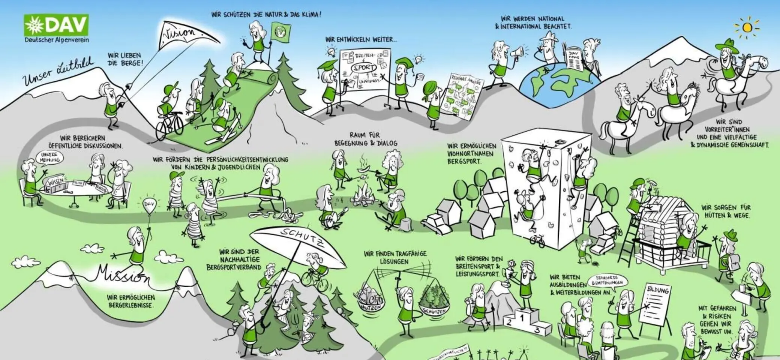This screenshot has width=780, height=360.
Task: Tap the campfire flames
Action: tap(365, 193)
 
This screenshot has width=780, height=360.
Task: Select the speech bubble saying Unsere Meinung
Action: tap(50, 157)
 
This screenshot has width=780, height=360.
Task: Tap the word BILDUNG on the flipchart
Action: tap(658, 291)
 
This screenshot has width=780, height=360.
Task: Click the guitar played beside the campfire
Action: tap(332, 217)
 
